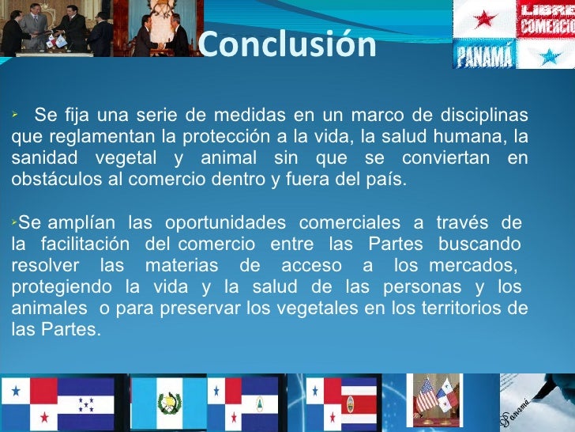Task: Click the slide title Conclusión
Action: pos(287,45)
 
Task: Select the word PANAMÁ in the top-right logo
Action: pos(483,55)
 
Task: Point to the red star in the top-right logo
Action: pos(483,19)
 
